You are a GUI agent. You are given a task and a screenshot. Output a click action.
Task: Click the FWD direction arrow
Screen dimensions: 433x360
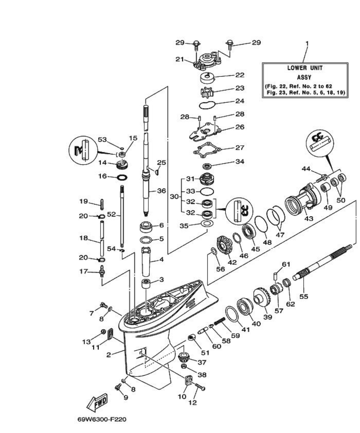click(98, 403)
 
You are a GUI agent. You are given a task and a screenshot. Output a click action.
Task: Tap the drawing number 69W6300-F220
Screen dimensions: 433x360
click(102, 420)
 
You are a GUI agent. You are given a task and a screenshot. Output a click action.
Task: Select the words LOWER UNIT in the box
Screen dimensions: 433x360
click(305, 68)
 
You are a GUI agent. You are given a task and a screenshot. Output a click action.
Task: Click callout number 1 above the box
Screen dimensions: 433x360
click(307, 43)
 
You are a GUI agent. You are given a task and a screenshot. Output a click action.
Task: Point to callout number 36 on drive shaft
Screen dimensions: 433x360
click(162, 191)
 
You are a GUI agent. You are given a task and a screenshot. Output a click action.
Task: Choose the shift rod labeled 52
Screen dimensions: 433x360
click(122, 218)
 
